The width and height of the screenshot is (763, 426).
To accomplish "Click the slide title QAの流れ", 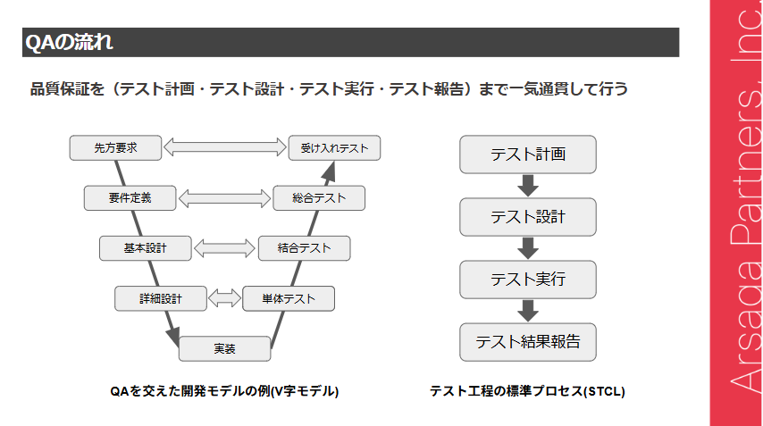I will (x=69, y=43).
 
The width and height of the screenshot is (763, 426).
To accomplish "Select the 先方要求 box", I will (x=115, y=147).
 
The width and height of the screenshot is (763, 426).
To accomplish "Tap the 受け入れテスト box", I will (x=334, y=147).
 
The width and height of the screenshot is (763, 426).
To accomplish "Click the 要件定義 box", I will (x=130, y=198).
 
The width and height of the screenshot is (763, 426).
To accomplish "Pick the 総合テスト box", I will (x=319, y=198).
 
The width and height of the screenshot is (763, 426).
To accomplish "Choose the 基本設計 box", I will (x=146, y=248).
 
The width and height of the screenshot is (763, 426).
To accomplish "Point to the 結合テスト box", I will (x=304, y=248).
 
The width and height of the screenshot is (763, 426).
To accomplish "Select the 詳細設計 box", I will (x=161, y=298).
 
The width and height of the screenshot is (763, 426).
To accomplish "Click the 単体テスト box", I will (x=289, y=298).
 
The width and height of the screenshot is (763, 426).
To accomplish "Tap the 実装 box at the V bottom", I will (x=224, y=348).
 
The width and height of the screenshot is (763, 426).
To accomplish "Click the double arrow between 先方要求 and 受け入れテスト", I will (x=225, y=146).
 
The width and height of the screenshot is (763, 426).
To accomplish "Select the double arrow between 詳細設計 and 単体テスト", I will (x=225, y=298).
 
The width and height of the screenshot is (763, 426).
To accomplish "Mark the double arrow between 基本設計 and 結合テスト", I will (x=225, y=248).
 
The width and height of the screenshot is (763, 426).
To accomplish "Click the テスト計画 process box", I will (x=527, y=155).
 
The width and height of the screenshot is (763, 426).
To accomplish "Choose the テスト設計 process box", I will (x=527, y=217).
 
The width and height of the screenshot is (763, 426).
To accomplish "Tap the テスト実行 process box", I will (x=527, y=280).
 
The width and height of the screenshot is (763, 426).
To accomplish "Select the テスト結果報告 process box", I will (x=527, y=342).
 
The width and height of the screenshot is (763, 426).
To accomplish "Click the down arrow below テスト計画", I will (x=527, y=186).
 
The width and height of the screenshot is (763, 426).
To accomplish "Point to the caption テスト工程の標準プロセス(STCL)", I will (x=527, y=391).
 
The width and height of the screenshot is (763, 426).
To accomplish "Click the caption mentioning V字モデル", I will (x=224, y=391).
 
